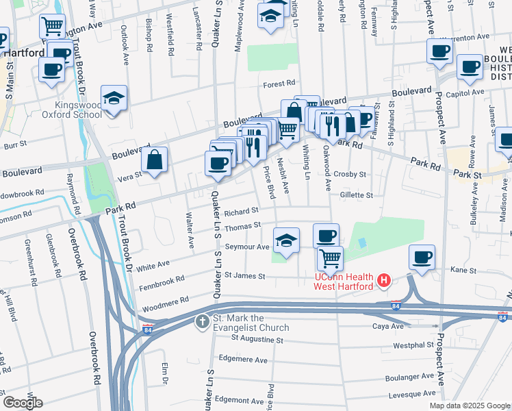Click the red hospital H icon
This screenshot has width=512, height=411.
tap(384, 281)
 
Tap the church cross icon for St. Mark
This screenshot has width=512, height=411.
tap(203, 321)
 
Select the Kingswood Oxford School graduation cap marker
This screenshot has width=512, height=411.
tap(114, 99)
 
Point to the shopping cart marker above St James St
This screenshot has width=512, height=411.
tap(330, 258)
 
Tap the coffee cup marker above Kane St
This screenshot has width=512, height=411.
tap(422, 258)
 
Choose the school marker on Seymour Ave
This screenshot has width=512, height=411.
tap(287, 240)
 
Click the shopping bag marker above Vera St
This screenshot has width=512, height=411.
tap(155, 160)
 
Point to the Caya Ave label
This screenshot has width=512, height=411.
tap(387, 326)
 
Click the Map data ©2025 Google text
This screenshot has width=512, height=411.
tap(468, 405)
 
